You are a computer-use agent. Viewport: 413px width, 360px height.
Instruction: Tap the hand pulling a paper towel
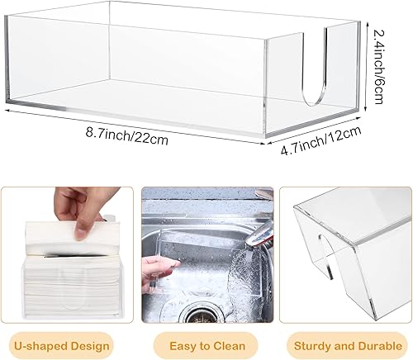click(80, 206)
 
